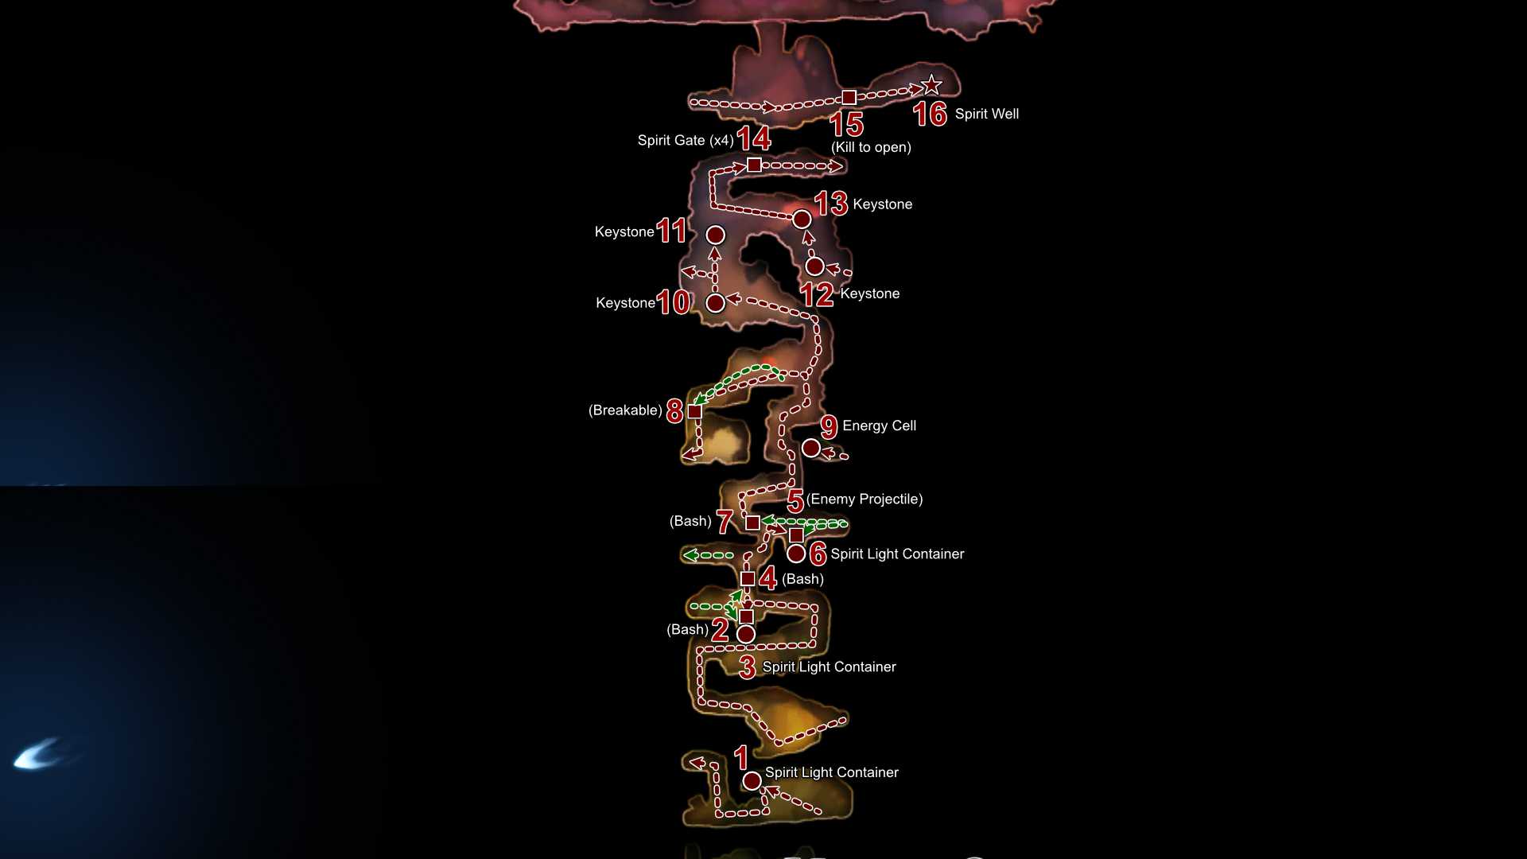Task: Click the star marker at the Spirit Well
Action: coord(931,84)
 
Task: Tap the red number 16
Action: coord(930,115)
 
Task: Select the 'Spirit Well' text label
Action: coord(987,114)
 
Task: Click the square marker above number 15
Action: coord(849,97)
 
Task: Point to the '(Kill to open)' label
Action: coord(871,147)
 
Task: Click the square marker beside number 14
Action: coord(754,165)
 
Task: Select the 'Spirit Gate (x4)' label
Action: coord(686,140)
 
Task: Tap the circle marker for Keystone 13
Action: coord(802,219)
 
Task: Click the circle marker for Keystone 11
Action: coord(716,235)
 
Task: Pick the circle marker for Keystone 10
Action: coord(716,302)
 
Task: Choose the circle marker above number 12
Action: coord(814,266)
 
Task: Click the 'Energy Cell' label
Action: coord(879,426)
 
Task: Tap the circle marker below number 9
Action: coord(810,448)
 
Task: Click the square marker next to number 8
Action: coord(694,411)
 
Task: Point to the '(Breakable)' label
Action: coord(625,410)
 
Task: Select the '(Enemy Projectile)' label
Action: coord(865,499)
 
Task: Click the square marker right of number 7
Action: coord(752,523)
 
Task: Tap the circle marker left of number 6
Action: coord(796,553)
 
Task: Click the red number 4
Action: coord(767,578)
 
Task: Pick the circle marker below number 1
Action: coord(752,781)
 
